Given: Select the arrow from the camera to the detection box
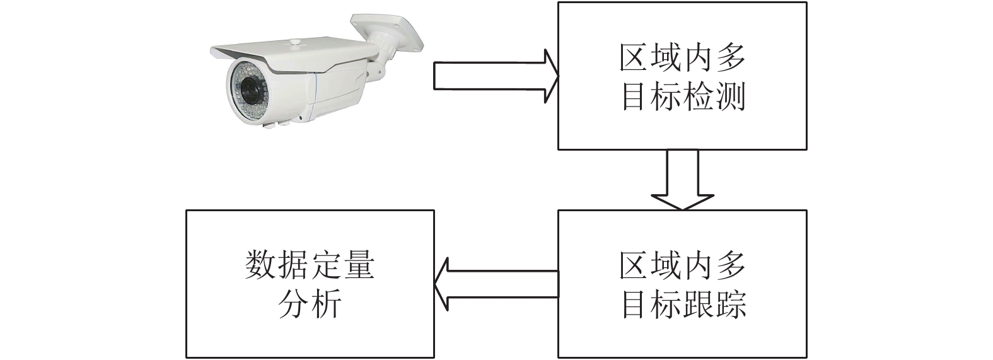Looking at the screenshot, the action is (x=496, y=76).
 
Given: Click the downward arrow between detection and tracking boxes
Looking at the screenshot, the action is (x=682, y=179).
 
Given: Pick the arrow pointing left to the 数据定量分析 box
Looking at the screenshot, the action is (x=496, y=284).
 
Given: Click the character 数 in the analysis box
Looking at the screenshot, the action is (x=260, y=265).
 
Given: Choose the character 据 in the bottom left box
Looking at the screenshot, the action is (x=293, y=265).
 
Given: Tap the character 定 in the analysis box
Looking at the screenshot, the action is (x=325, y=265).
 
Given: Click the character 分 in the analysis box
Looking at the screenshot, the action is (x=293, y=303).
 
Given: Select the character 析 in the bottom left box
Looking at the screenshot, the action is (x=326, y=303).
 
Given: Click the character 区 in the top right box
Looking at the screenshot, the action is (x=634, y=57).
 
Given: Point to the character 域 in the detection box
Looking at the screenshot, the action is (x=666, y=57).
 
